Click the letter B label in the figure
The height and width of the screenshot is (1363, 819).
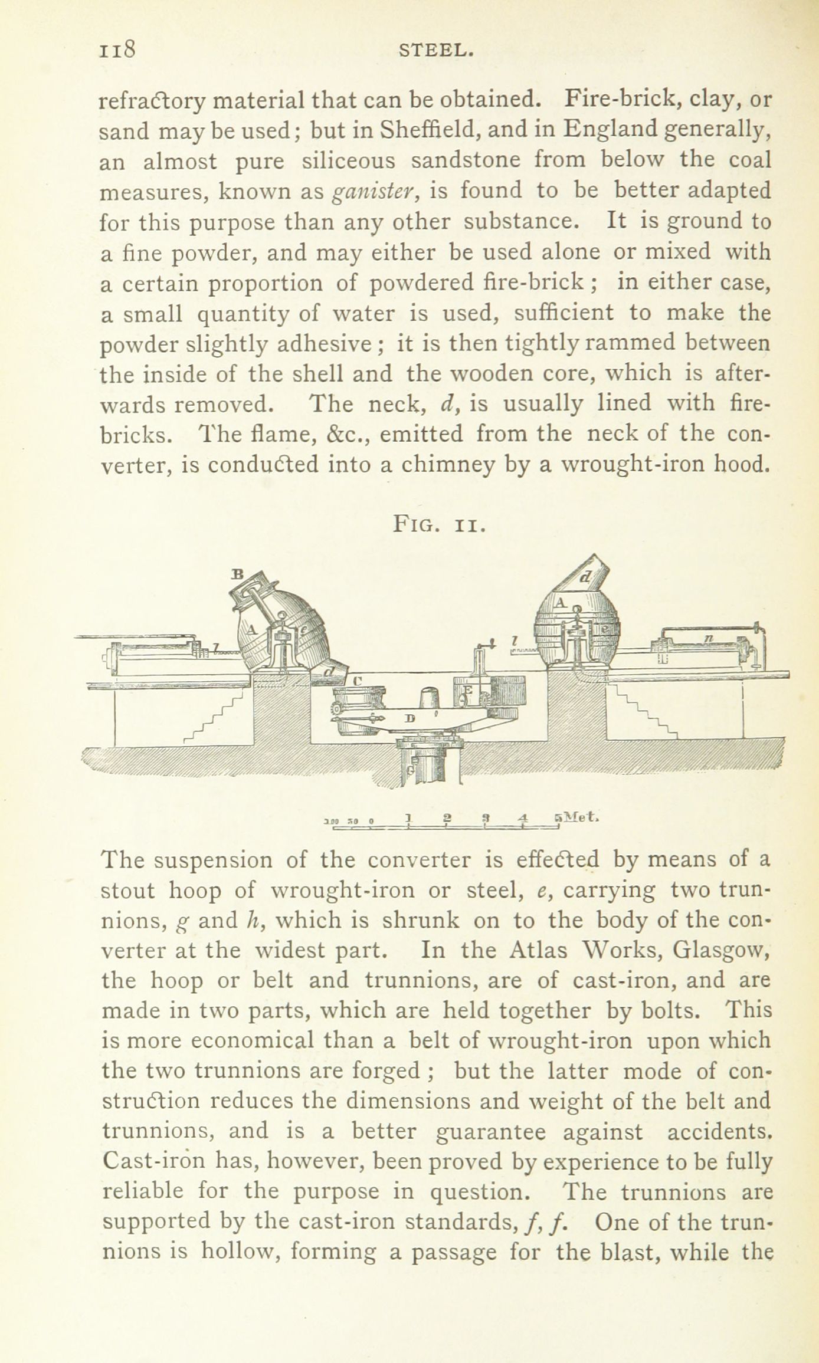click(x=238, y=572)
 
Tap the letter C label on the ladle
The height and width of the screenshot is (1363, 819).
click(x=356, y=681)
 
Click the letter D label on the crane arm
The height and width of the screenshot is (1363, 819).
click(x=411, y=718)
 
